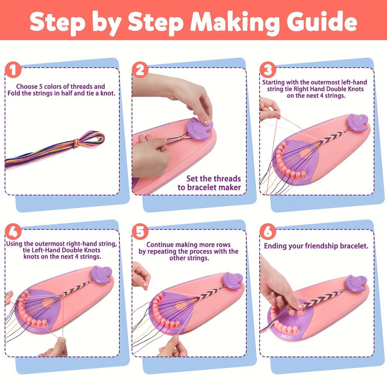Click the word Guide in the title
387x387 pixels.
pos(322,21)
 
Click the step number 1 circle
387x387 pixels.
pos(13,70)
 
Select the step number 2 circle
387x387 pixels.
pos(140,70)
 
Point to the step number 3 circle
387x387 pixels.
pos(268,70)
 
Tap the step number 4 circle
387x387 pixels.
pos(13,231)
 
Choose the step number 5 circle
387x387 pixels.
pos(140,231)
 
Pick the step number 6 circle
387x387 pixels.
pos(268,231)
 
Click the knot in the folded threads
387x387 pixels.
pos(77,143)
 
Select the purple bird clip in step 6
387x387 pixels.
pos(356,283)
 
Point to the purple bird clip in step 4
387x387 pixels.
pos(101,274)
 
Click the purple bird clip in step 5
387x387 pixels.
pos(233,281)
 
